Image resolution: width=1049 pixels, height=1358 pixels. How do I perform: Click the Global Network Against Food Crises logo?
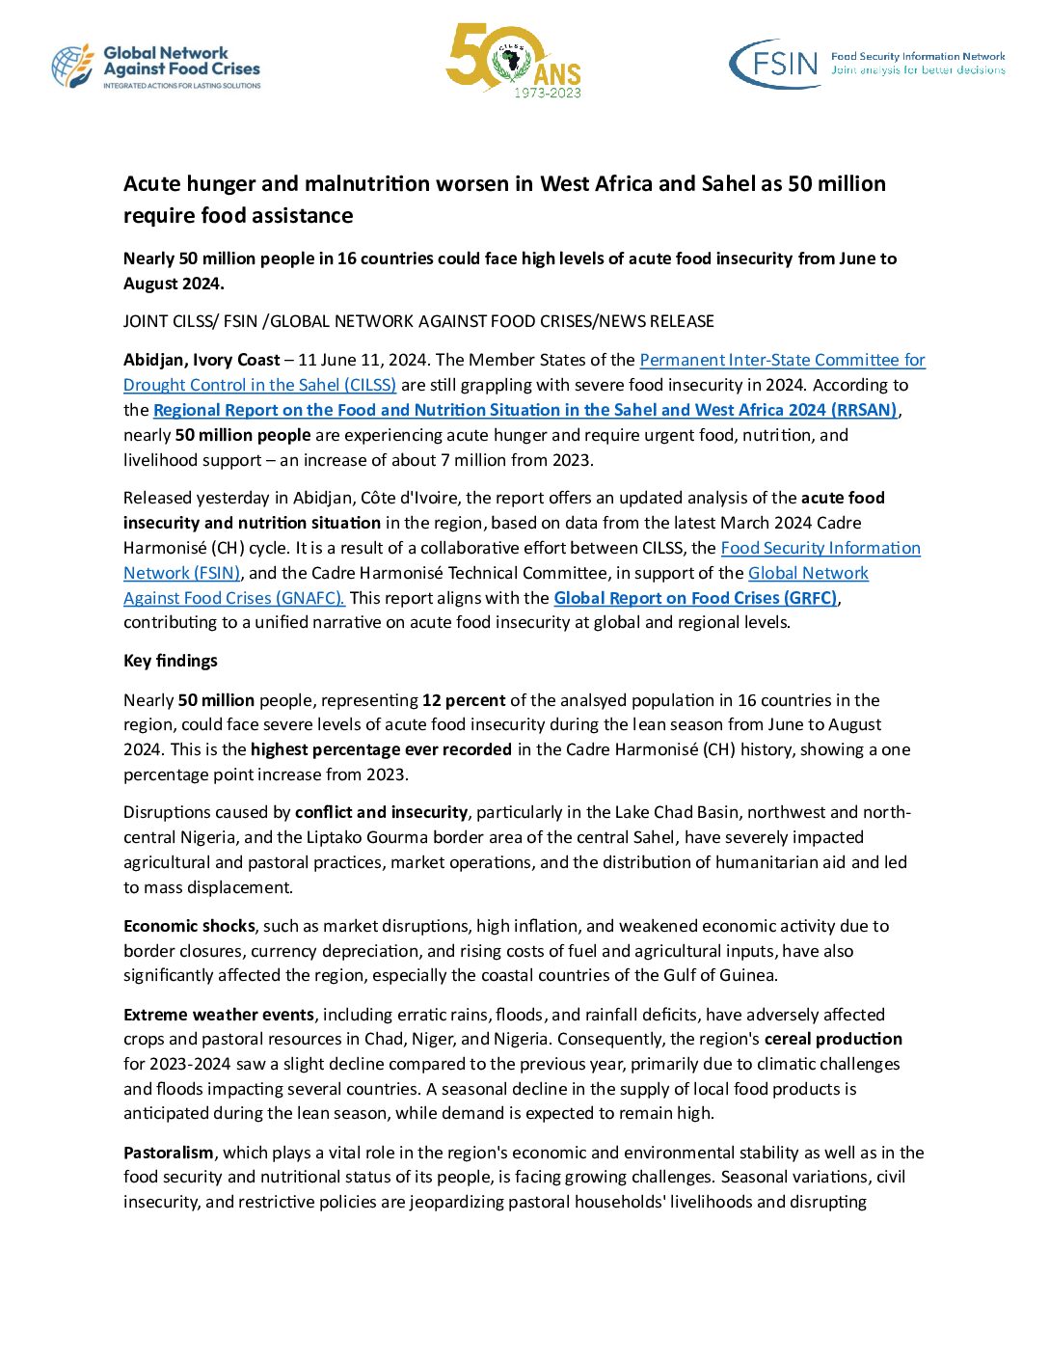coord(156,68)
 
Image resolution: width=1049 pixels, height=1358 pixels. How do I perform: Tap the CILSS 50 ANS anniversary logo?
coord(513,60)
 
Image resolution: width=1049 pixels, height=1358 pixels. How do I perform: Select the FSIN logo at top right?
coord(866,64)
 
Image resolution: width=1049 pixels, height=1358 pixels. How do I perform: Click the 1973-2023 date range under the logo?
coord(547,94)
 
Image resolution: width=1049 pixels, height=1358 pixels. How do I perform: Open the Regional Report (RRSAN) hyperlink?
coord(524,410)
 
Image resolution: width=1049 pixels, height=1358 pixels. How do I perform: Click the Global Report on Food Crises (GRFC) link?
coord(695,598)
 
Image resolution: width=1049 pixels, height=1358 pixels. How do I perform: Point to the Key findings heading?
coord(171,661)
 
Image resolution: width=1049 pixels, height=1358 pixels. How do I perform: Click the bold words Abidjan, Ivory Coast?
coord(202,360)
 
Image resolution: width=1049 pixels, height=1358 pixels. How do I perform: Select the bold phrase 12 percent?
coord(464,700)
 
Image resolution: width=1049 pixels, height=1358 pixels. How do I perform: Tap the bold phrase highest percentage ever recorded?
coord(381,749)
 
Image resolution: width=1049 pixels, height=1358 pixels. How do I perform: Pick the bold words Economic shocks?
coord(189,926)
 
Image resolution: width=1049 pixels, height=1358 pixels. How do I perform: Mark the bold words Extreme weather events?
coord(219,1015)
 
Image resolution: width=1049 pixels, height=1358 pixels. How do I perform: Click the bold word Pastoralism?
coord(169,1153)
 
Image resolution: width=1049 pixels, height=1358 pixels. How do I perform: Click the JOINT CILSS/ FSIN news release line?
coord(418,321)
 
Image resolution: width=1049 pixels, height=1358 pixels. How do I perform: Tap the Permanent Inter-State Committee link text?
coord(782,360)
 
